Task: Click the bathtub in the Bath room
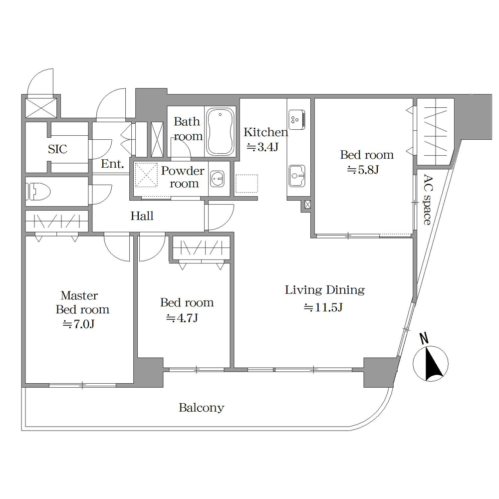click(221, 132)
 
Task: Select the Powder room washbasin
click(218, 179)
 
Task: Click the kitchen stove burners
click(297, 119)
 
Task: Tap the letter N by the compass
click(423, 339)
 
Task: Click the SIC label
click(57, 149)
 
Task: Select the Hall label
click(142, 216)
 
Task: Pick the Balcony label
click(202, 408)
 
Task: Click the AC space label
click(428, 200)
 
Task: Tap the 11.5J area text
click(323, 307)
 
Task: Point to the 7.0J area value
click(79, 324)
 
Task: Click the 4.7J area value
click(182, 317)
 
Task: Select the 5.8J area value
click(363, 170)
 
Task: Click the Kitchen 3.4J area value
click(262, 147)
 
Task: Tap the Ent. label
click(112, 164)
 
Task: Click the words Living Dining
click(325, 290)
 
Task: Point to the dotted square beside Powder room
click(247, 184)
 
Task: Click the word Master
click(79, 295)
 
